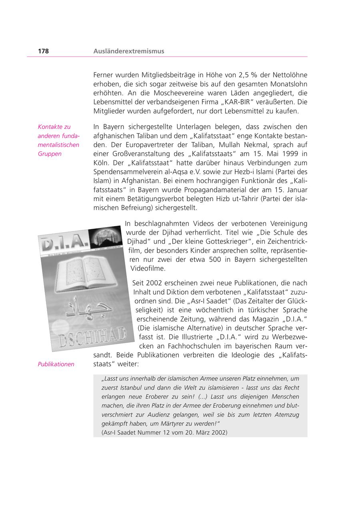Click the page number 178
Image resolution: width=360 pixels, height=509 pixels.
[43, 51]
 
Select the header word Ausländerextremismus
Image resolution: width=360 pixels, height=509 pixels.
[128, 51]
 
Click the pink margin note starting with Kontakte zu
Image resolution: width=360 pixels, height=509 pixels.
[58, 140]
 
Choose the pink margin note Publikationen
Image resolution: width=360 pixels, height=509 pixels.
[56, 364]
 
